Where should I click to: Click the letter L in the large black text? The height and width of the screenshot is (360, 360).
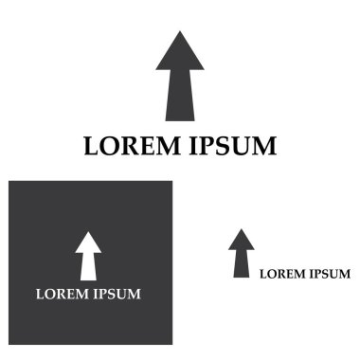pos(91,147)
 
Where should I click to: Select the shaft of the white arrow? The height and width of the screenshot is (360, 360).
pos(88,267)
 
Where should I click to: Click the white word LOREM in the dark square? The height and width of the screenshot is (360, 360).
pos(62,294)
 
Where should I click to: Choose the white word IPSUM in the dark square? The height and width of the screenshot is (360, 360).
pos(117,294)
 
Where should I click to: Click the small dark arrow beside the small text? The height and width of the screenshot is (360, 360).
pos(242,253)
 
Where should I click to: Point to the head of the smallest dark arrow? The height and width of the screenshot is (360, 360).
pos(242,240)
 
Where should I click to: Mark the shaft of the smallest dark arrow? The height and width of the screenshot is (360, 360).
pos(242,264)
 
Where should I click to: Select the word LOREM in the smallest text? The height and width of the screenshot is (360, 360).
pos(280,274)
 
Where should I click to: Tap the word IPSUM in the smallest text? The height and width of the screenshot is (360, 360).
pos(328,274)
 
